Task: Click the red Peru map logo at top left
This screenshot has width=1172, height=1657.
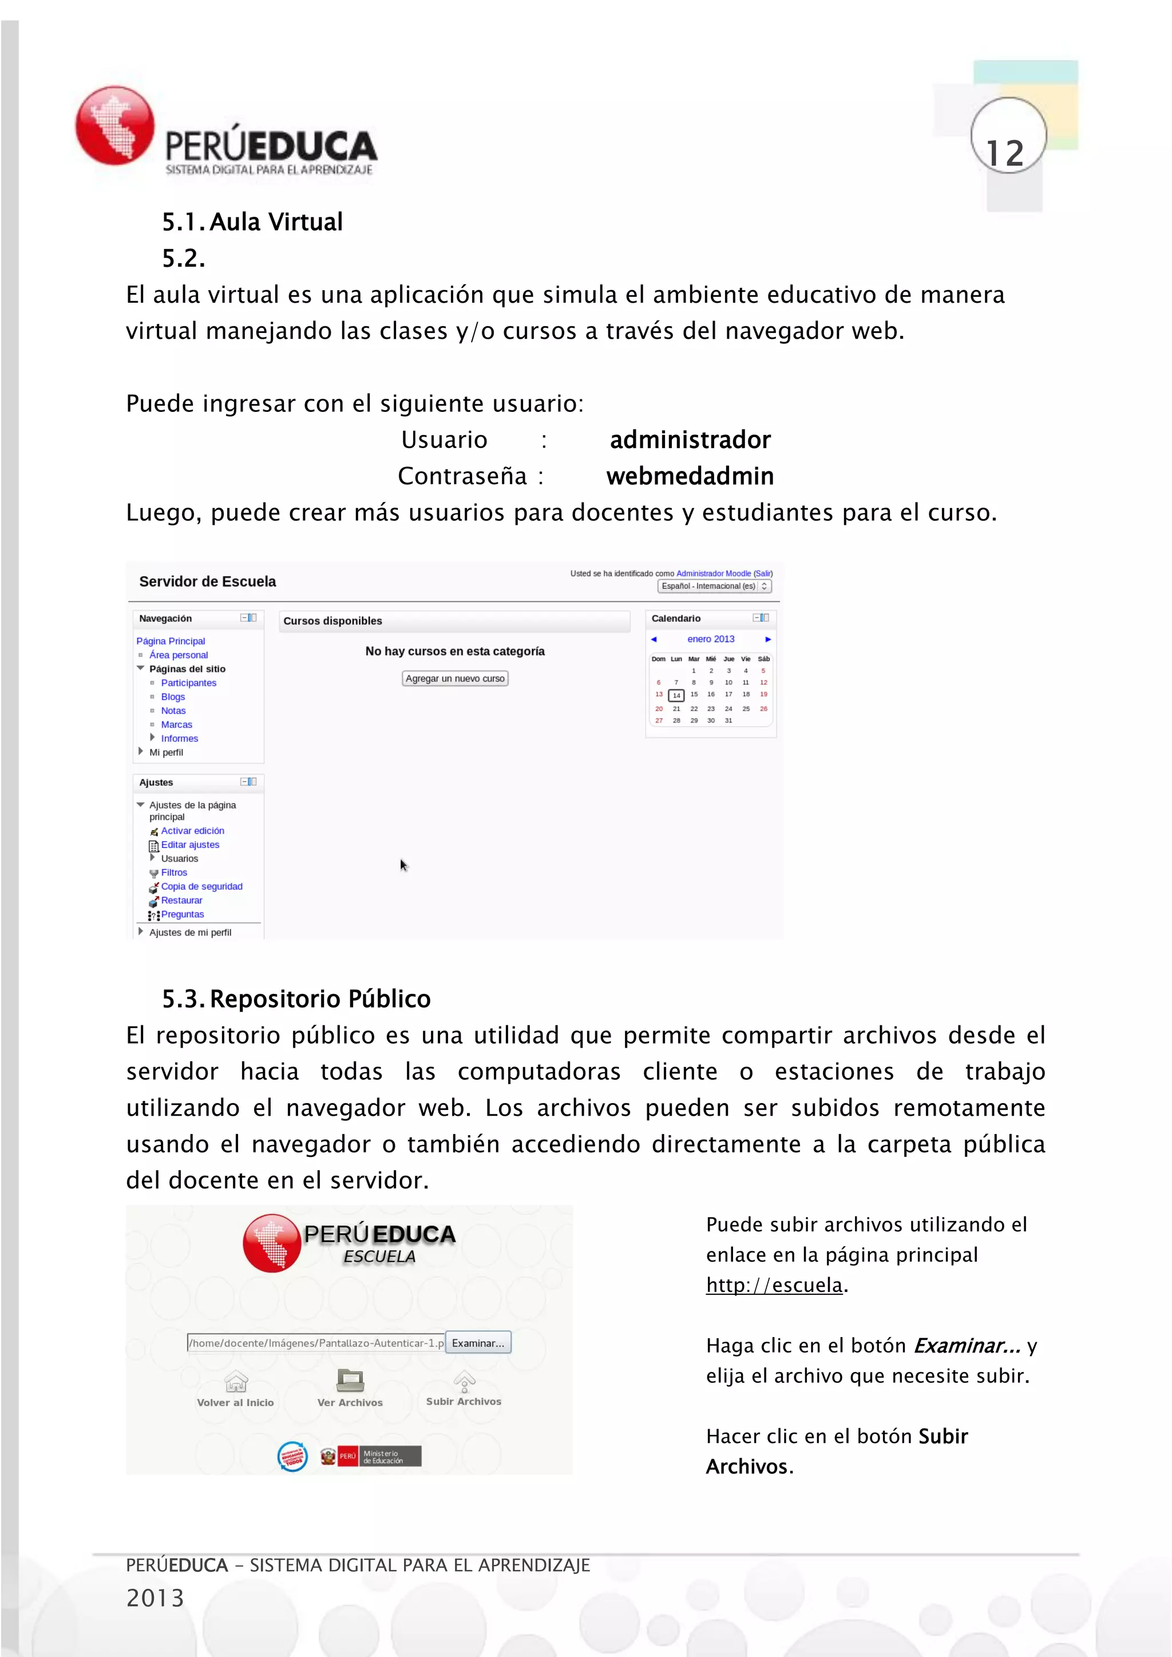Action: point(116,125)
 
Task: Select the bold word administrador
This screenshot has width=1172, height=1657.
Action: point(690,439)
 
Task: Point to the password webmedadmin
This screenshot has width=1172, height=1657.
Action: point(690,476)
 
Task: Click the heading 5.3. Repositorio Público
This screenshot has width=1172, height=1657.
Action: point(296,999)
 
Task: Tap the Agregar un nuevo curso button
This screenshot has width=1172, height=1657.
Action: point(454,679)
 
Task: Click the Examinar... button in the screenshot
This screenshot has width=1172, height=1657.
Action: point(478,1343)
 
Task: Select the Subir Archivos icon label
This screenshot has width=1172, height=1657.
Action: point(464,1401)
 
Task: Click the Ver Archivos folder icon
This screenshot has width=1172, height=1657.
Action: point(350,1381)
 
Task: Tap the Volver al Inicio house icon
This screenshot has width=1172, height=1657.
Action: point(236,1381)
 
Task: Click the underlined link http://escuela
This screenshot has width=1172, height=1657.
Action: point(774,1285)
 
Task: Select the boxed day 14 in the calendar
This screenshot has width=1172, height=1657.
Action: point(676,696)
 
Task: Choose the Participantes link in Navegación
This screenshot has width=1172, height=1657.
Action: point(188,683)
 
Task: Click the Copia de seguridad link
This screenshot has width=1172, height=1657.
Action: point(201,886)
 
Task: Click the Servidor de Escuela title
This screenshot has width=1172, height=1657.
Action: point(207,582)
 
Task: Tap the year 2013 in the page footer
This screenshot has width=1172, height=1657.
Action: point(155,1598)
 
